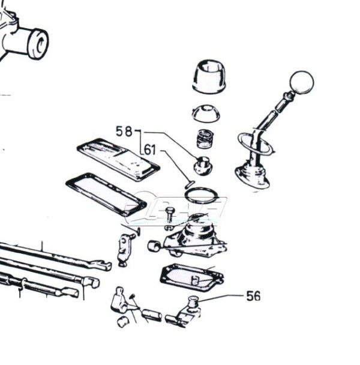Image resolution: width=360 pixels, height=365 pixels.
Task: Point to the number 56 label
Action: [x=254, y=296]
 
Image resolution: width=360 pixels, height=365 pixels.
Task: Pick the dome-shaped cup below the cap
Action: [x=205, y=113]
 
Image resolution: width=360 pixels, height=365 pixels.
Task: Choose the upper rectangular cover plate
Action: [x=118, y=158]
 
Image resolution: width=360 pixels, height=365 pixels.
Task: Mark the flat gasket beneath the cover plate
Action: [x=106, y=193]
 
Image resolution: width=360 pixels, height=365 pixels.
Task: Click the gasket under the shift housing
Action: [x=191, y=277]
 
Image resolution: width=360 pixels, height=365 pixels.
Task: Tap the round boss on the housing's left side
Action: [x=154, y=245]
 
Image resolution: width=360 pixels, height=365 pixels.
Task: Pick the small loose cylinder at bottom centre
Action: [x=151, y=313]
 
